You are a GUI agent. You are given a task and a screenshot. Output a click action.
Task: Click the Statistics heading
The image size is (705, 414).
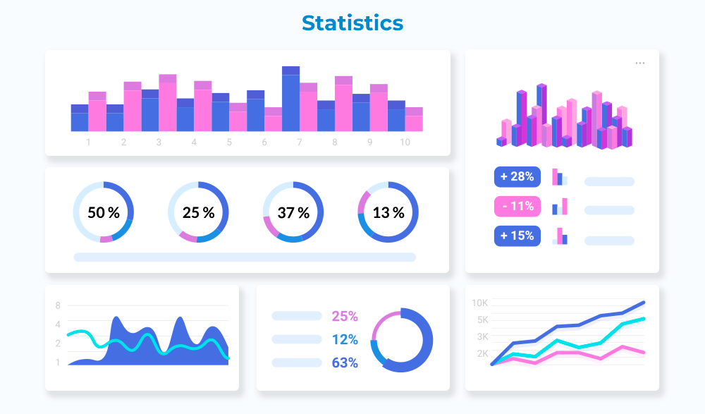pos(352,23)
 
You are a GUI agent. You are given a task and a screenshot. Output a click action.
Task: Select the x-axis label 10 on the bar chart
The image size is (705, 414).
pos(405,142)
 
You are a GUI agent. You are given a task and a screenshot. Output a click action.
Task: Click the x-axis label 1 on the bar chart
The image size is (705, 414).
pos(88,142)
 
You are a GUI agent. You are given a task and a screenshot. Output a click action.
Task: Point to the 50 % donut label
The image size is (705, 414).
pos(103,212)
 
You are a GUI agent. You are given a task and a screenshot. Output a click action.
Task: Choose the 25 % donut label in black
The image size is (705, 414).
pos(198,212)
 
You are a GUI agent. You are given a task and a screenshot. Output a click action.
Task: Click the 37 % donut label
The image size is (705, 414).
pos(293,212)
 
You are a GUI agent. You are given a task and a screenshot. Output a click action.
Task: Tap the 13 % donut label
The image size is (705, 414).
pos(388,212)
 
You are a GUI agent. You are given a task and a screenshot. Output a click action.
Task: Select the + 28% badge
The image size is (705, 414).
pos(517,176)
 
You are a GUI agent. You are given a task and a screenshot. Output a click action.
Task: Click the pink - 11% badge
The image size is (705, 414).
pos(517,207)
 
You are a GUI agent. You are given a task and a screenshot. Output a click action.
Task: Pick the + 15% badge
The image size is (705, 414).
pos(517,236)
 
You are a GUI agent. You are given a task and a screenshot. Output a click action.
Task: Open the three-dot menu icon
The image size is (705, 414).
pos(639,63)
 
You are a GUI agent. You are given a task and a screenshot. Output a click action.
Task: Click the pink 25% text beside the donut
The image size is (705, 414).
pos(345,316)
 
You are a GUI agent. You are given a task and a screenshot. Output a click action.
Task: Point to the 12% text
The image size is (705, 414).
pos(345,340)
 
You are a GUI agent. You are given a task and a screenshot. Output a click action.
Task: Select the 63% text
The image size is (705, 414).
pos(345,363)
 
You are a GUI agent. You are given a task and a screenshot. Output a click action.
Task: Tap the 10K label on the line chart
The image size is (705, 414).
pos(480,303)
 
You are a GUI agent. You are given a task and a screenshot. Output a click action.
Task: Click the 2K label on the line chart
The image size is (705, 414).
pos(482,353)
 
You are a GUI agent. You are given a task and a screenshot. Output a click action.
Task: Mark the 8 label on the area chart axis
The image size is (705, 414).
pos(58,305)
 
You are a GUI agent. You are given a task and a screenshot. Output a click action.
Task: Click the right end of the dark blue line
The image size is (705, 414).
pos(643,303)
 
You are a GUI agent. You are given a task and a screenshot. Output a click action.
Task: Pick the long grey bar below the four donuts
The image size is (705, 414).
pos(245,257)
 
